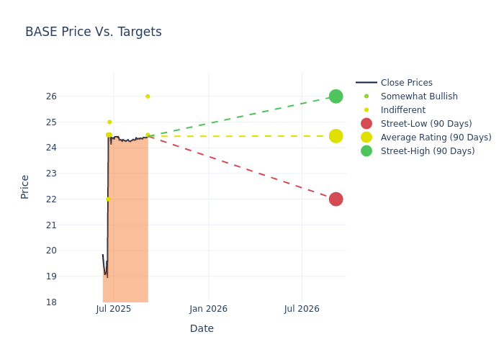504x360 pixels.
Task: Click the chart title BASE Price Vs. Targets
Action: click(x=94, y=32)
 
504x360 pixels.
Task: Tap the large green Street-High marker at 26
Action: click(x=336, y=96)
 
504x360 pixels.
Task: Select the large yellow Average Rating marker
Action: click(x=336, y=136)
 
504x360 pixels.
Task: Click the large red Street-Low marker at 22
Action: click(x=336, y=199)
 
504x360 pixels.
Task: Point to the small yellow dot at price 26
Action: click(x=148, y=96)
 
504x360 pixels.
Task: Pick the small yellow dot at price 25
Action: click(x=109, y=122)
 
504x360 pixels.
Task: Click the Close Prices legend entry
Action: click(x=406, y=83)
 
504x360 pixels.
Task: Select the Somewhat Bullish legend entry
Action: click(x=418, y=96)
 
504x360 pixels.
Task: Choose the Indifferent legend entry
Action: click(x=402, y=110)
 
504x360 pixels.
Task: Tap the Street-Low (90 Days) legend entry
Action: click(x=426, y=124)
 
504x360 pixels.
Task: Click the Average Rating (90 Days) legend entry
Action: click(x=436, y=138)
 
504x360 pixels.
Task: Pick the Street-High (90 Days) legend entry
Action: click(x=428, y=151)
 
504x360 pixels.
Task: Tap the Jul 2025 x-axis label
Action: click(x=114, y=309)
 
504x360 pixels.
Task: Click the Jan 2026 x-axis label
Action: click(x=208, y=309)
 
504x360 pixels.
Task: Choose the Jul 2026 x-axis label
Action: click(x=302, y=309)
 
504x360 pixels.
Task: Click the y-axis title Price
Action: click(x=25, y=186)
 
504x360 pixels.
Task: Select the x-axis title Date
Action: click(x=202, y=328)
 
